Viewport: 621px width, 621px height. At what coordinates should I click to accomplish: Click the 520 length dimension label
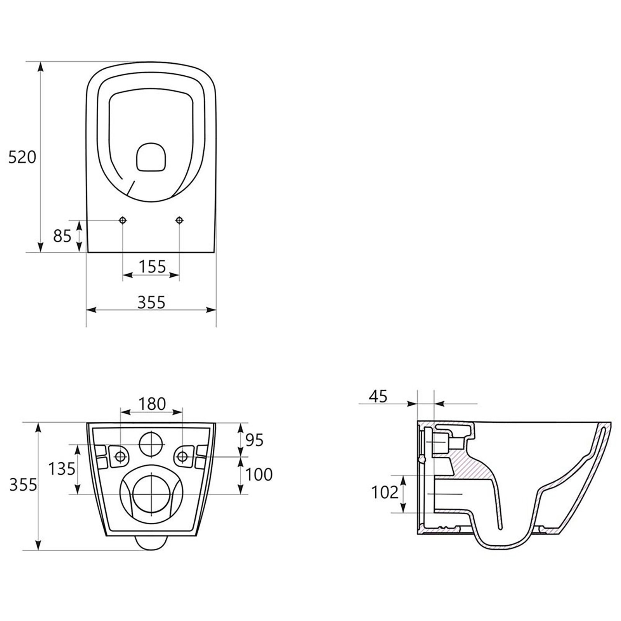pos(22,157)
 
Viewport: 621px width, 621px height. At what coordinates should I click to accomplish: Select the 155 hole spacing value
pos(152,267)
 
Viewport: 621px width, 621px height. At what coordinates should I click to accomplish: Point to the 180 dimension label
pos(152,404)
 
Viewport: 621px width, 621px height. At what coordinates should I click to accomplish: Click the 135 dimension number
pos(62,469)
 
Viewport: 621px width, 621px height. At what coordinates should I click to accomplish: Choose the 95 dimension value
pos(255,440)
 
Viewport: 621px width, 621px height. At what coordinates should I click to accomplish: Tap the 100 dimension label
pos(259,474)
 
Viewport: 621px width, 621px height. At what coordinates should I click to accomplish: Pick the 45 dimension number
pos(378,396)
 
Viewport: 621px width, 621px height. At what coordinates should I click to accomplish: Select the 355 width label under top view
pos(152,302)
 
